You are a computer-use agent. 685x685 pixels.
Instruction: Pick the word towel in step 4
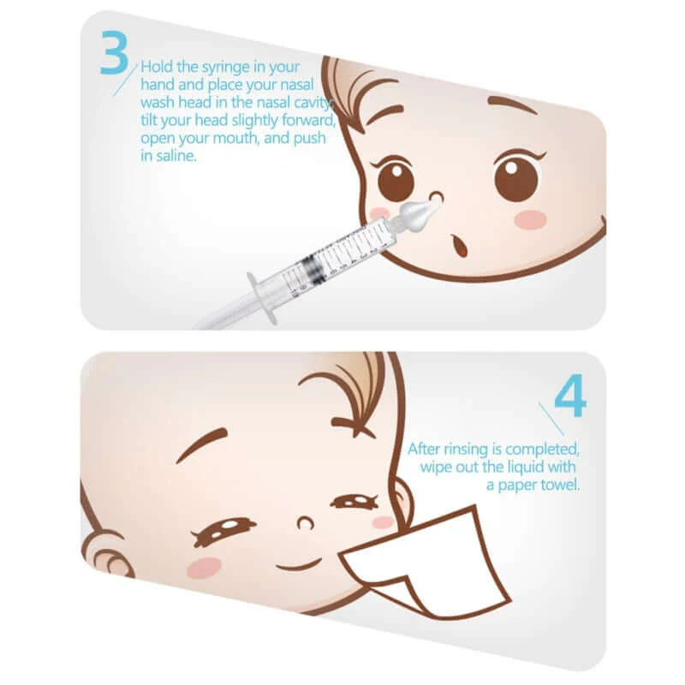point(559,485)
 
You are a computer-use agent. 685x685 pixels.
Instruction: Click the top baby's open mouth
point(461,247)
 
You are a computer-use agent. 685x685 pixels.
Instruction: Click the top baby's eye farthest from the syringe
point(516,178)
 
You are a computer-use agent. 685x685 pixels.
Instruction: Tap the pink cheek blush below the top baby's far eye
point(529,219)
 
